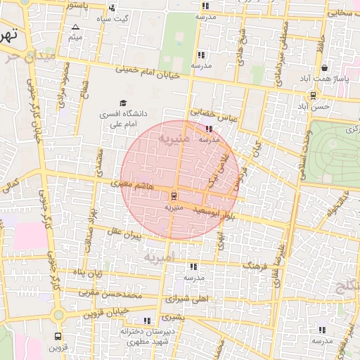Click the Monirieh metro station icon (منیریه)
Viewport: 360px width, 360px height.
point(174,196)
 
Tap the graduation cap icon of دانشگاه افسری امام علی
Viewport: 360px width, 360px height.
point(124,103)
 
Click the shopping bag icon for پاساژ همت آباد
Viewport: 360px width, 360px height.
point(324,68)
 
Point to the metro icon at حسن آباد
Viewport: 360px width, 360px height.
point(313,96)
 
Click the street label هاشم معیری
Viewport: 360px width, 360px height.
point(130,185)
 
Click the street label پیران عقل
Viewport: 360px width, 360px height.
point(124,234)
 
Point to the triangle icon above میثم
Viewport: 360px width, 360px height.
point(76,27)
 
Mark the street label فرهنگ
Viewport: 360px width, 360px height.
point(256,266)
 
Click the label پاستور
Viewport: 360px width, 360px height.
point(77,5)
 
